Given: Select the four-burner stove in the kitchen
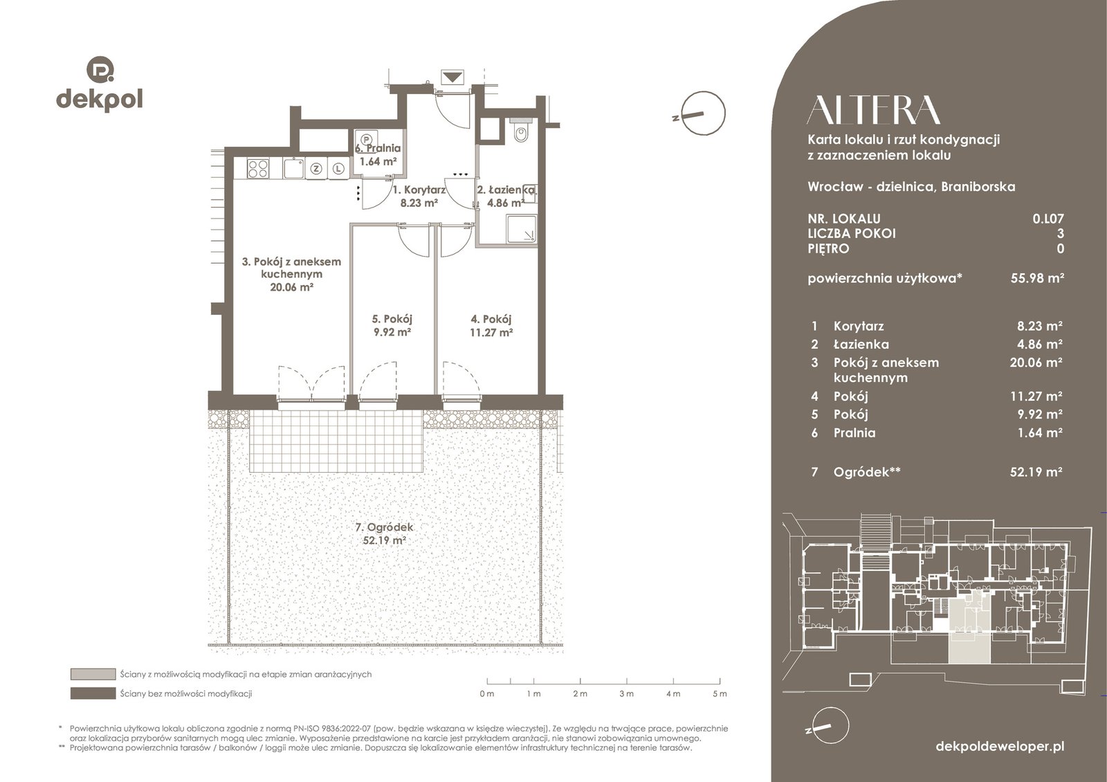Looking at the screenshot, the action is click(x=257, y=168).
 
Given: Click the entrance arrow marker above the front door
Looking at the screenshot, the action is click(x=452, y=78).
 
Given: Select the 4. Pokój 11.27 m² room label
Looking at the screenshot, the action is click(x=491, y=325).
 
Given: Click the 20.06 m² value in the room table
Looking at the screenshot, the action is click(x=1036, y=363).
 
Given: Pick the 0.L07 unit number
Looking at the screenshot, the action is click(x=1047, y=219).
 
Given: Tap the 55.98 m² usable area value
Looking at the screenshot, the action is click(x=1037, y=278).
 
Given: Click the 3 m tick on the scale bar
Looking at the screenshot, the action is click(x=627, y=681).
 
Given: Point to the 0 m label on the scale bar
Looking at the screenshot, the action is click(x=487, y=694).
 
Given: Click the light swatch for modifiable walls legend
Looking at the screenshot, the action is click(x=93, y=674).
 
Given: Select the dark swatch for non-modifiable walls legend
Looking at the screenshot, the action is click(x=93, y=693).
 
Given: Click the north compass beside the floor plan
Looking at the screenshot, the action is click(x=702, y=113).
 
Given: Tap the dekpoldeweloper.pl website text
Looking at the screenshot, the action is click(x=1000, y=747).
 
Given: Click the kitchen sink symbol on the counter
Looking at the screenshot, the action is click(x=294, y=168).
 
